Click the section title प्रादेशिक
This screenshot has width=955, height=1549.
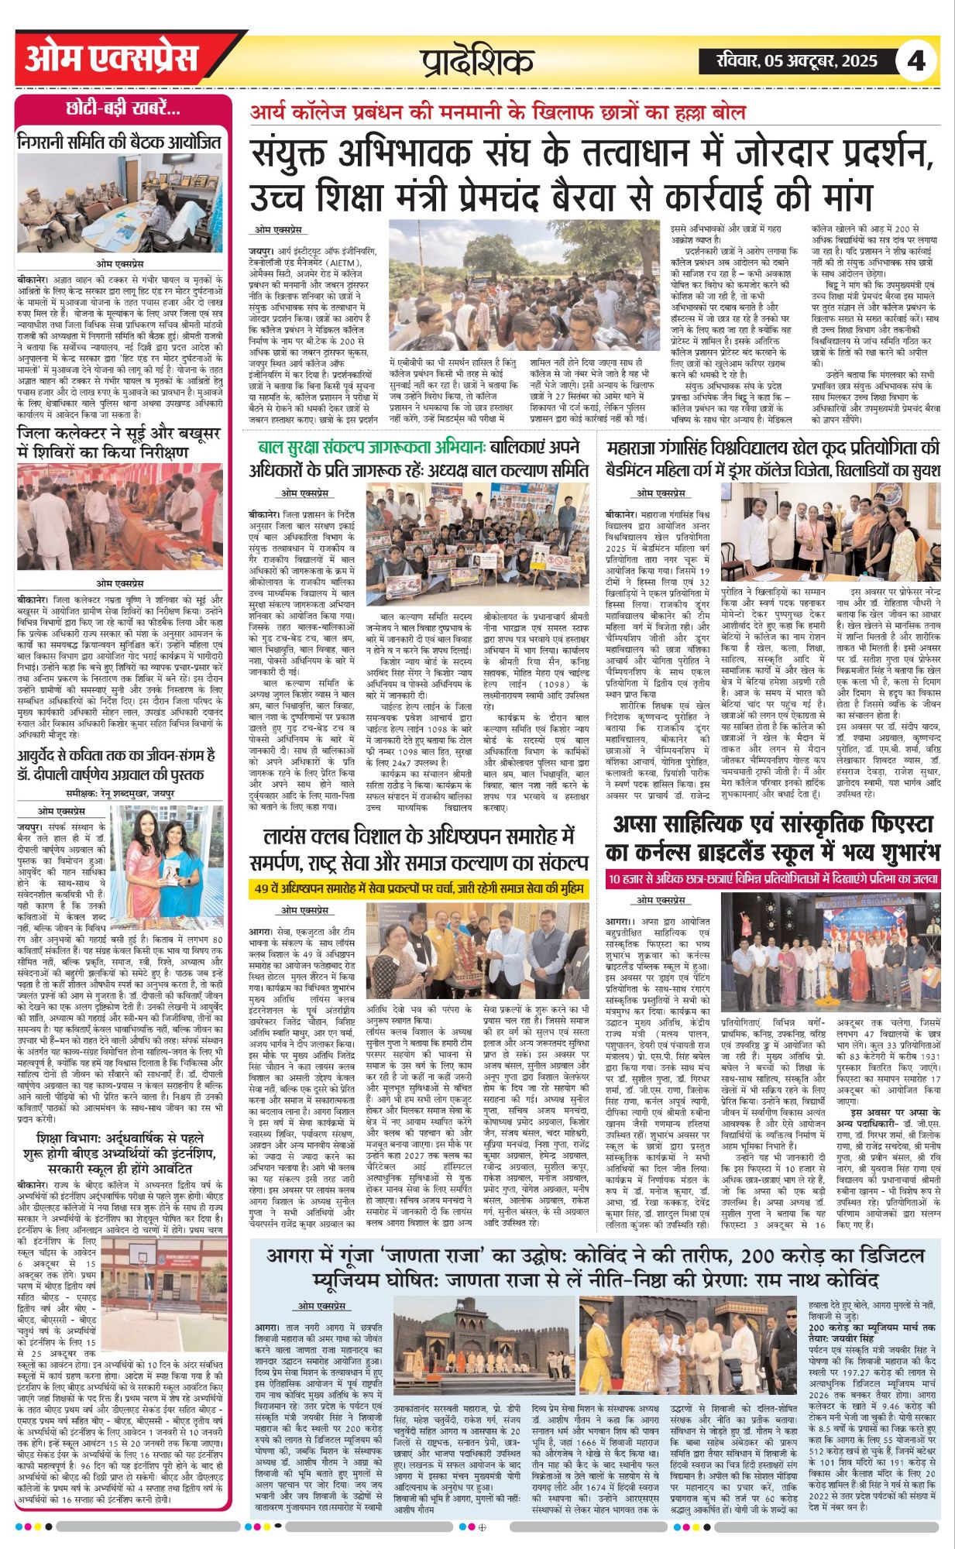point(477,61)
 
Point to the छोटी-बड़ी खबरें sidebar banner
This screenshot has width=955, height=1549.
point(123,108)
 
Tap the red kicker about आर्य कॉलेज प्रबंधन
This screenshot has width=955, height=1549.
point(497,112)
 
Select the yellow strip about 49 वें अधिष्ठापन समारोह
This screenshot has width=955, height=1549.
point(419,889)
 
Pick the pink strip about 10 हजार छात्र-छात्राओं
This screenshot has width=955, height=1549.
point(773,879)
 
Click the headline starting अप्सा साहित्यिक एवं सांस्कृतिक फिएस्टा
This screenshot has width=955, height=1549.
point(773,838)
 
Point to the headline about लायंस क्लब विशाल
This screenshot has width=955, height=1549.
point(419,849)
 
